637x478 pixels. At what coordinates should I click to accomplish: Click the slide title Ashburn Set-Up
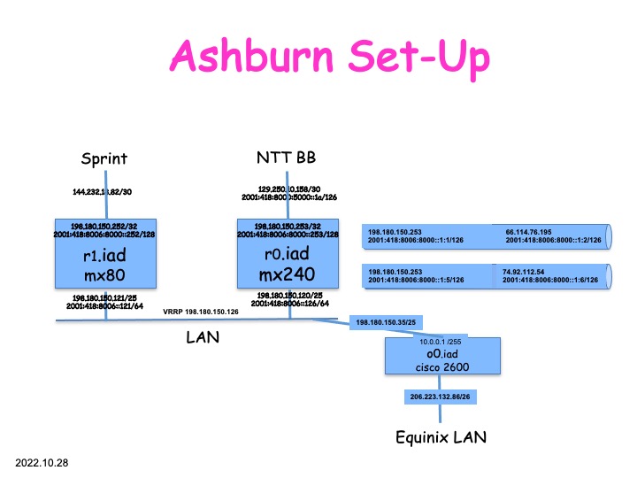tap(331, 56)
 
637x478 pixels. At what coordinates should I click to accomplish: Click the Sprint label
tap(104, 159)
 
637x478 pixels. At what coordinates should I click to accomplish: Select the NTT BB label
tap(287, 158)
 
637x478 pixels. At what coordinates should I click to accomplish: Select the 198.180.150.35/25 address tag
tap(386, 323)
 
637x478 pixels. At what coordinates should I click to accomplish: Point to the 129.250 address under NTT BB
tap(286, 188)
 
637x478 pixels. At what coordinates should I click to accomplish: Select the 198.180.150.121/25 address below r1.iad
tap(105, 297)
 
